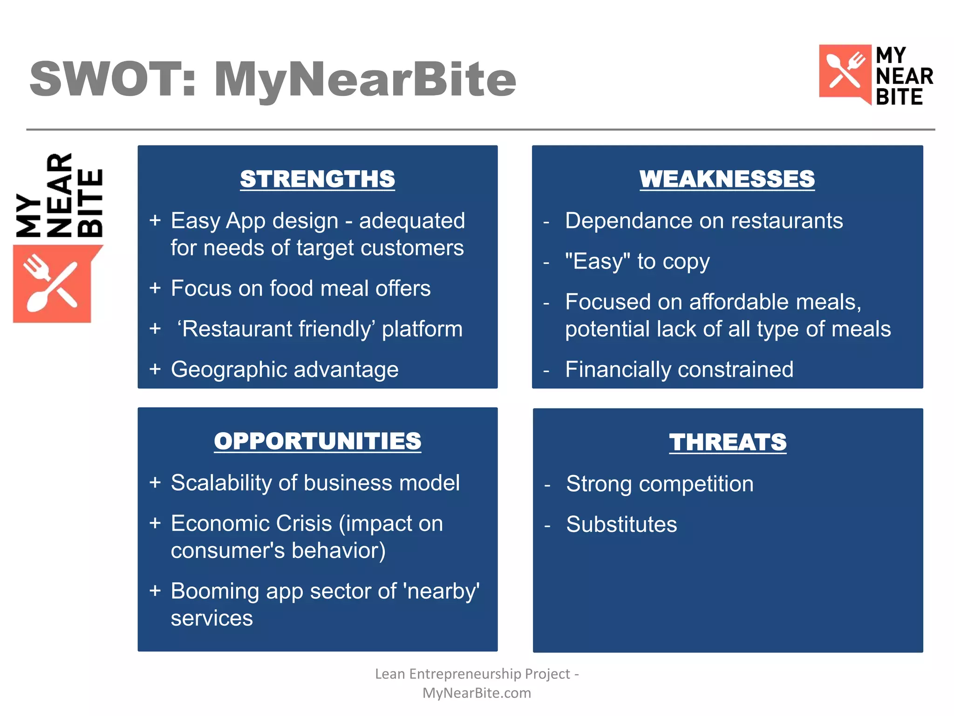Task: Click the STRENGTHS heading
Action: coord(317,179)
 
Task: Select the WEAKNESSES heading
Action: coord(727,179)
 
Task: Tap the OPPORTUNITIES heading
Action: coord(317,441)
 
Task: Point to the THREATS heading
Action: coord(728,442)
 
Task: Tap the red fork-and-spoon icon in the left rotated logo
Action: coord(51,283)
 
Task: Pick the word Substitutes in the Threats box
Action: coord(621,524)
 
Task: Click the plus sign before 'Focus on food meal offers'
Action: coord(155,288)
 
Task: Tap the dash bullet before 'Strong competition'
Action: coord(547,485)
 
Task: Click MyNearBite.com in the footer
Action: coord(477,693)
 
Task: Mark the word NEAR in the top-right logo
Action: coord(904,76)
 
